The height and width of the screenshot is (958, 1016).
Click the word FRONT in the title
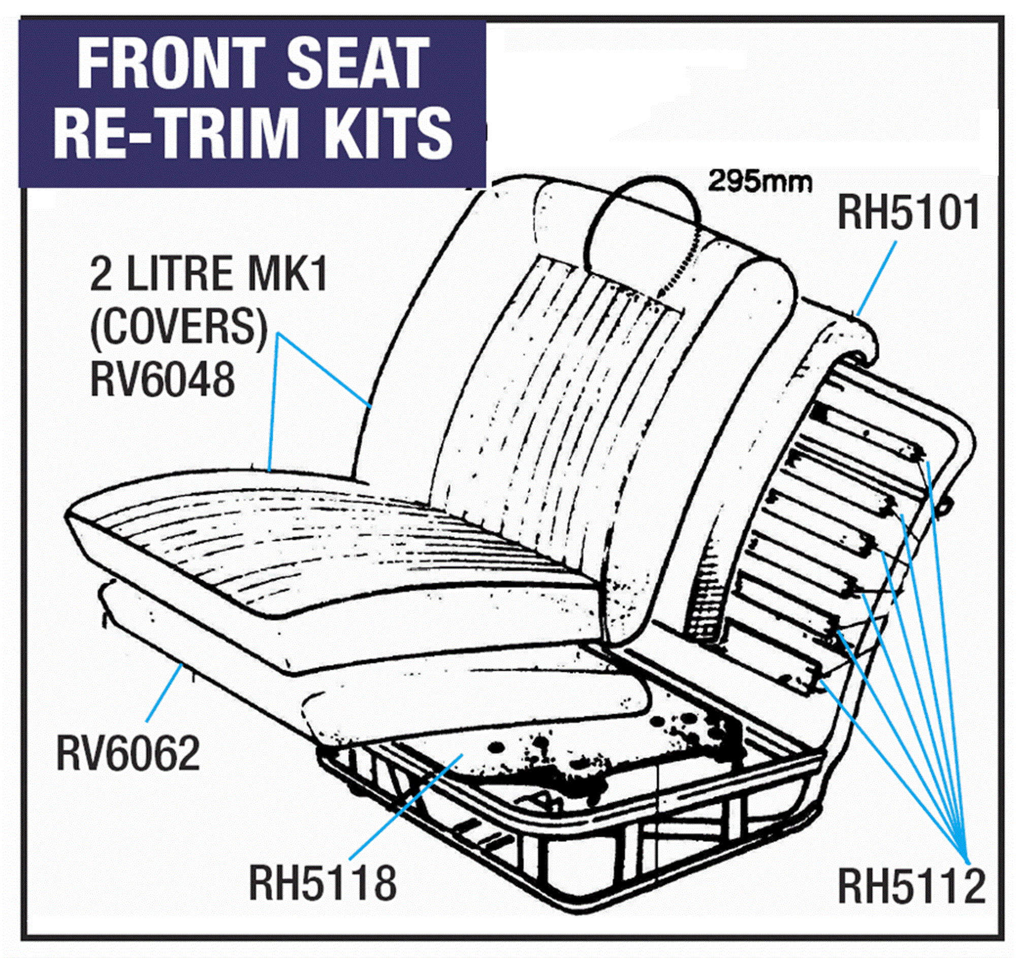click(x=174, y=67)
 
